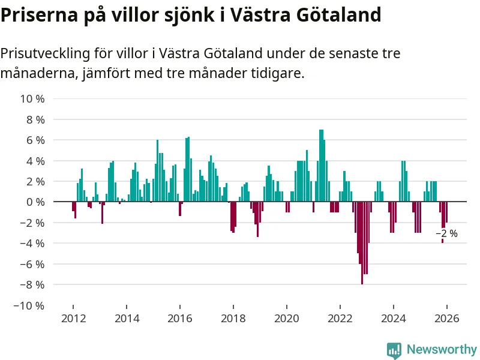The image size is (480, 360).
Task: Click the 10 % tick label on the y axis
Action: click(33, 98)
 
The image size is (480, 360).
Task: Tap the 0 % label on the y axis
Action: click(35, 202)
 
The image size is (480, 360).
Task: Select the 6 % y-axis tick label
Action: click(35, 140)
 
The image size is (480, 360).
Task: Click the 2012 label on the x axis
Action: click(73, 319)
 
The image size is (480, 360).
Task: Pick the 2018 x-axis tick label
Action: click(233, 319)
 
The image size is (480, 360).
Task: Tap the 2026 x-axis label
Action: click(446, 319)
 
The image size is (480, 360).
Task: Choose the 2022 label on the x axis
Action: click(340, 319)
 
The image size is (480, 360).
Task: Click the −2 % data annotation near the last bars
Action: click(446, 233)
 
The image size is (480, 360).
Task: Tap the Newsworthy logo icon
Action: click(394, 350)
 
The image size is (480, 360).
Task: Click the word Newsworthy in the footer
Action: click(442, 349)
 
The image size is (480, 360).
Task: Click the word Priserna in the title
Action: click(37, 14)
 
